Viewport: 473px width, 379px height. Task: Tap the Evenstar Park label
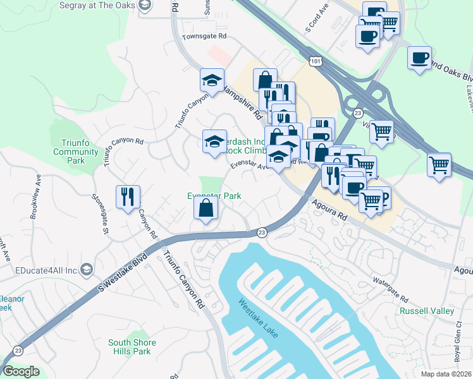pyautogui.click(x=214, y=196)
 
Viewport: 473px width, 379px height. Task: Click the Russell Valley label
pyautogui.click(x=427, y=311)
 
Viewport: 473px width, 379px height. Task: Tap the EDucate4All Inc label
pyautogui.click(x=51, y=269)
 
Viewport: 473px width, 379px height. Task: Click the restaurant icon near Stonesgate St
pyautogui.click(x=127, y=196)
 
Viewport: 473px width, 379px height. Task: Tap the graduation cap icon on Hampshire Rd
pyautogui.click(x=212, y=80)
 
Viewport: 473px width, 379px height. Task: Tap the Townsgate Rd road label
pyautogui.click(x=204, y=37)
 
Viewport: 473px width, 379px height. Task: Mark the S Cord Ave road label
pyautogui.click(x=317, y=20)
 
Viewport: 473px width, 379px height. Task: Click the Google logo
pyautogui.click(x=20, y=371)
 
